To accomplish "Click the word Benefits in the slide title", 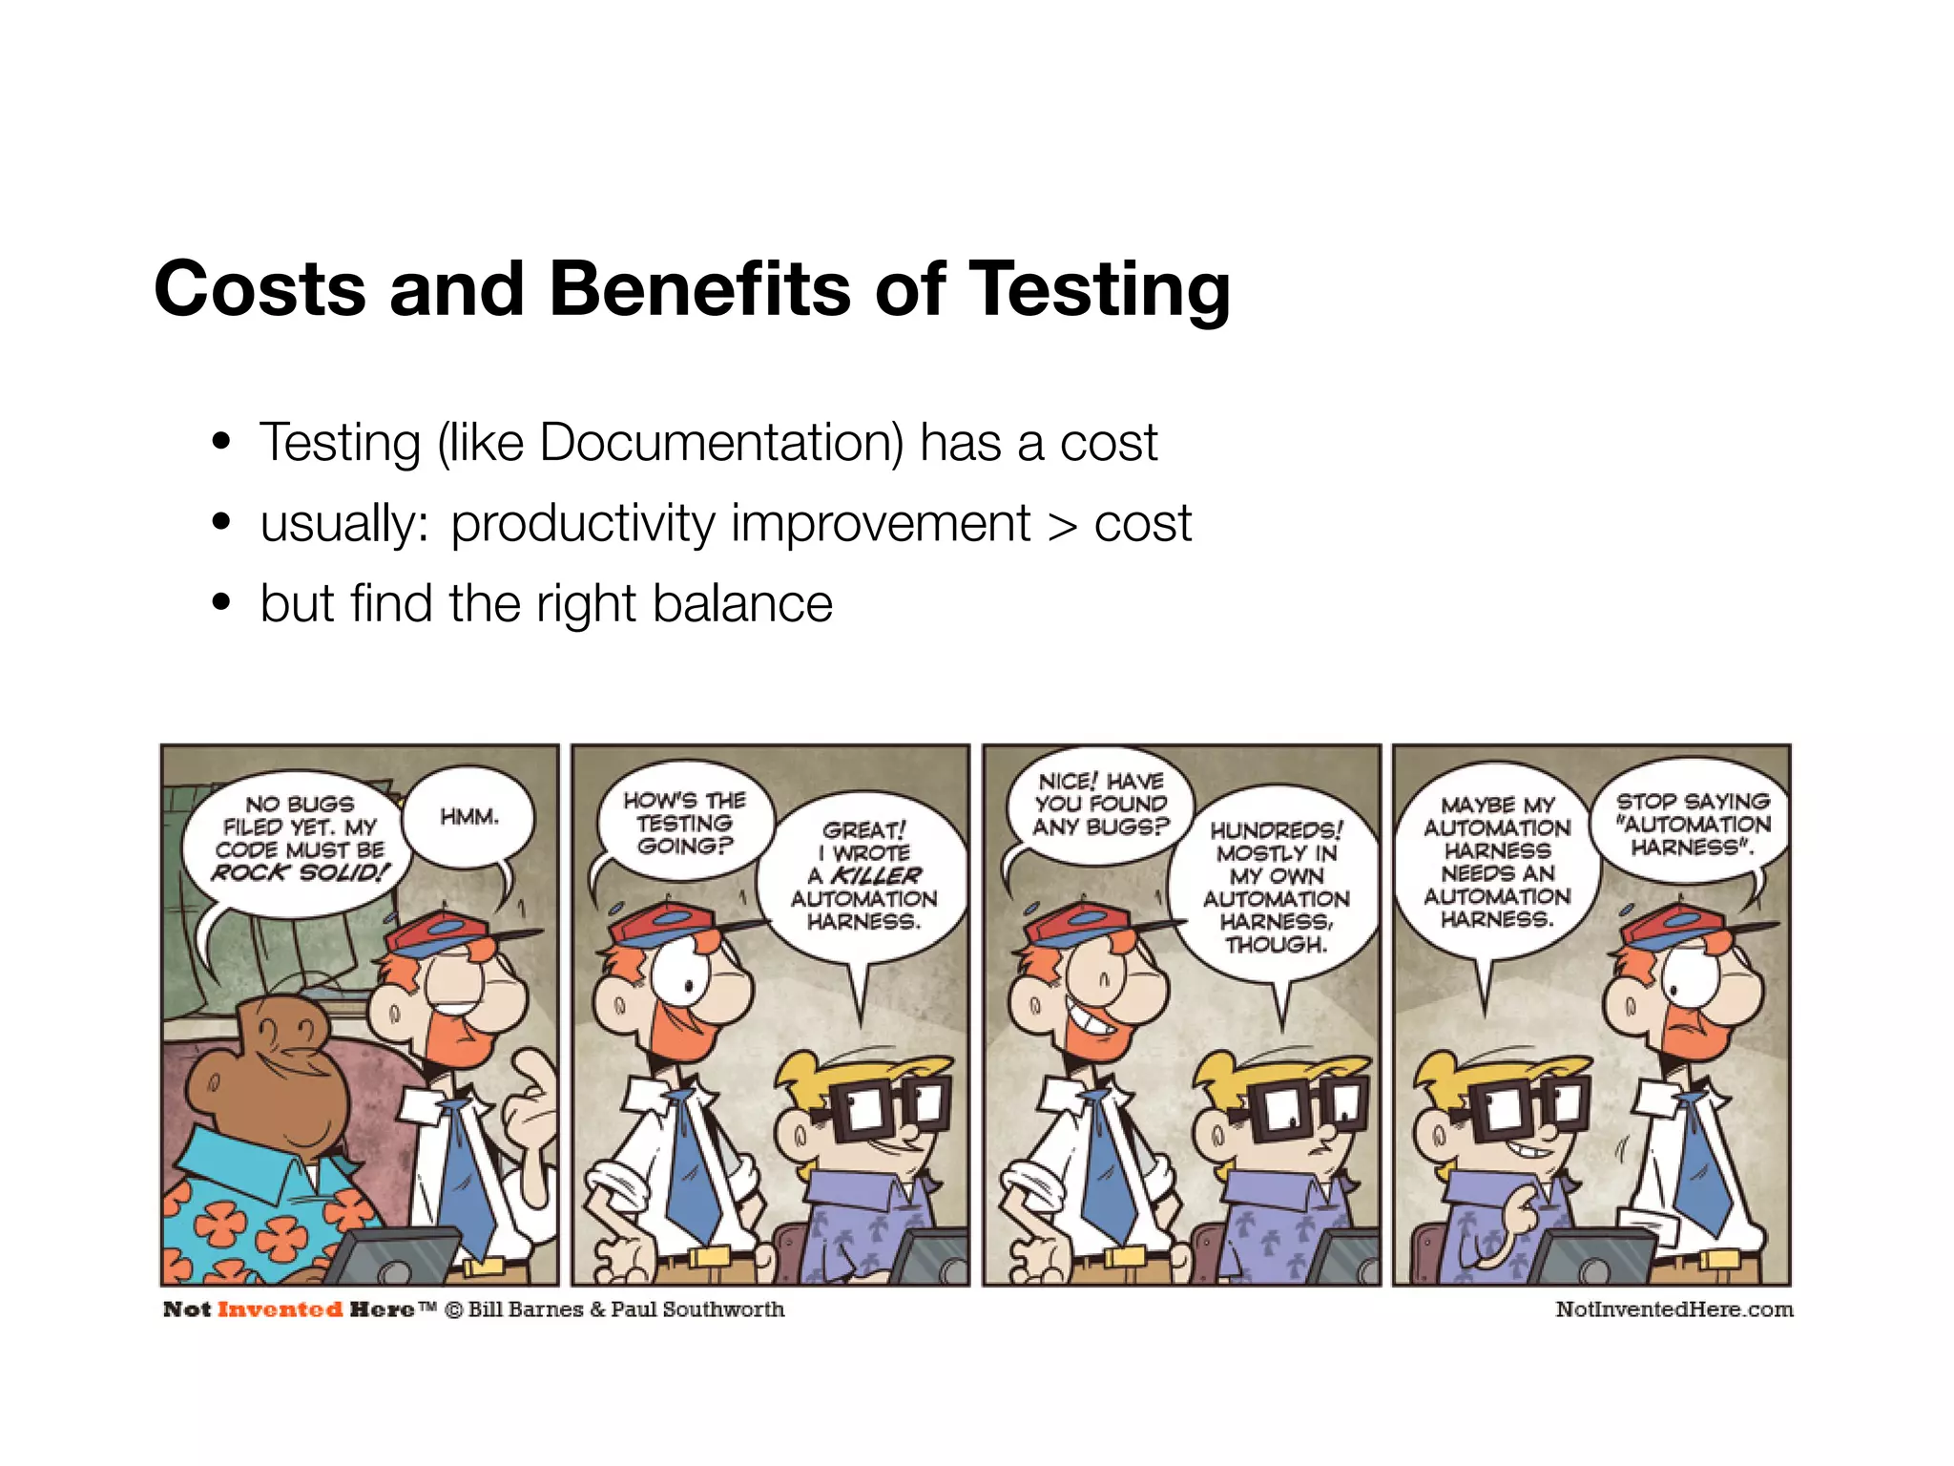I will tap(699, 288).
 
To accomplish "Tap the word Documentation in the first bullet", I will tap(720, 443).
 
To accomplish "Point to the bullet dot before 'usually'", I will tap(222, 522).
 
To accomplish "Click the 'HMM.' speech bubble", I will tap(469, 817).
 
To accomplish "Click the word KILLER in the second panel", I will tap(876, 875).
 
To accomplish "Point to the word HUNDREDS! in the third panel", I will tap(1277, 830).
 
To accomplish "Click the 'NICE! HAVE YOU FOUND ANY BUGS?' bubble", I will tap(1100, 805).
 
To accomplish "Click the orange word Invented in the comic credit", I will tap(280, 1309).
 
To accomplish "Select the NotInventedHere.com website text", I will tap(1673, 1309).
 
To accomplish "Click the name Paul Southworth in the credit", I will tap(697, 1309).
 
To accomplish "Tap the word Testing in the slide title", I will tap(1099, 288).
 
